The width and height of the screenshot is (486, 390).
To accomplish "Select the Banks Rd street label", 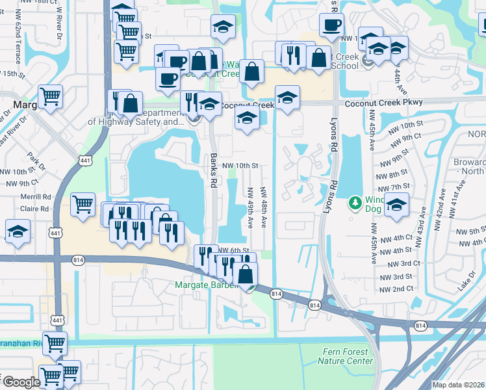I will point(213,170).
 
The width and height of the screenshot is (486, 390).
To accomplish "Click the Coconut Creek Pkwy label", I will point(384,102).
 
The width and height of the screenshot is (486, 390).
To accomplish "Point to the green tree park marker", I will point(355,203).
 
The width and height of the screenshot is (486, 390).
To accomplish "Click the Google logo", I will point(21,382).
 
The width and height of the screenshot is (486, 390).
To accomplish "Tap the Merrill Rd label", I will point(36,197).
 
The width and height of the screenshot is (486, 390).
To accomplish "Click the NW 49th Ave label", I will point(250,208).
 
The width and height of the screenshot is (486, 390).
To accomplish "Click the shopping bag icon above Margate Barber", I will point(246,274).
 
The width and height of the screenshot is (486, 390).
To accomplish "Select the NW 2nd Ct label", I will point(396,289).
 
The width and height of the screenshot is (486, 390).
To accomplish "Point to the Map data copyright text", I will point(459,385).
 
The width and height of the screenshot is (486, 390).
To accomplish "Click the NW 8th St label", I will point(393,175).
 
